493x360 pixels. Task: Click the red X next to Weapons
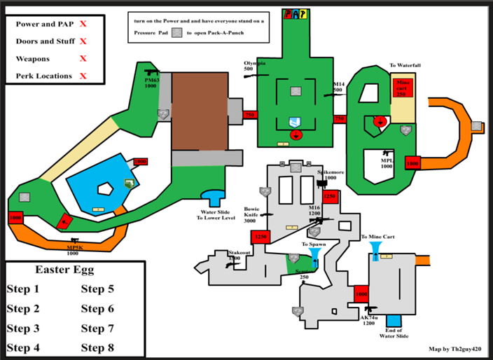[83, 59]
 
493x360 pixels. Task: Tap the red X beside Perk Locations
[83, 76]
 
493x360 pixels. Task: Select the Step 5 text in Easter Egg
[97, 289]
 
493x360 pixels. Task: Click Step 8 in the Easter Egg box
[97, 347]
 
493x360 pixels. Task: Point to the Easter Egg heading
[64, 269]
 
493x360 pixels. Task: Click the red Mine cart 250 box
[403, 88]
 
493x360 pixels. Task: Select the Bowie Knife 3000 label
[252, 214]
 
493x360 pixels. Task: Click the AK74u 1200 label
[369, 321]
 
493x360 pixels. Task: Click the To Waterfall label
[405, 65]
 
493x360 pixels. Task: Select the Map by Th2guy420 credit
[454, 347]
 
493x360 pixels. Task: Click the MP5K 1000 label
[73, 250]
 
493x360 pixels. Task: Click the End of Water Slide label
[393, 333]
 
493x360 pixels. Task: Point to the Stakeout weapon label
[239, 256]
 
